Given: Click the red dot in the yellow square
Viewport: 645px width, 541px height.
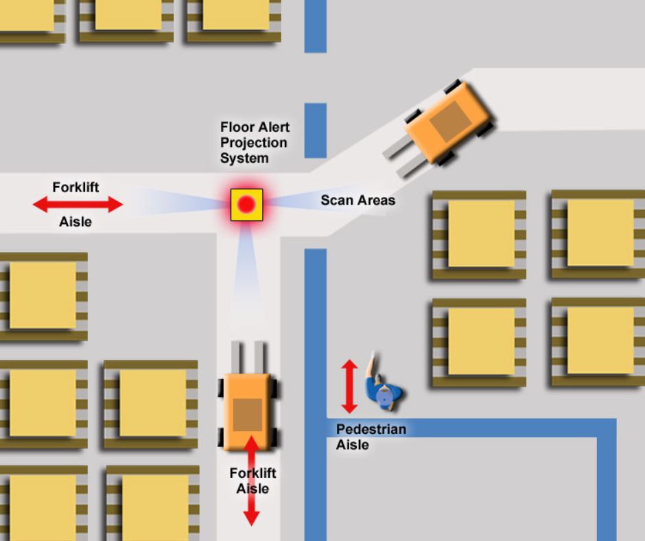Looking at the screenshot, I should pos(247,204).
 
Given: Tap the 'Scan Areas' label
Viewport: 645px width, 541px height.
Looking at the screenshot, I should pos(357,200).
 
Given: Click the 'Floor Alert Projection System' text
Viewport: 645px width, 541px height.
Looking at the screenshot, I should pos(255,143).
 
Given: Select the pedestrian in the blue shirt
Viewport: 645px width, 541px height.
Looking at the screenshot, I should pos(383,390).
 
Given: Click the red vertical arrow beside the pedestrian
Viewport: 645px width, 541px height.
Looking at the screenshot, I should pos(349,387).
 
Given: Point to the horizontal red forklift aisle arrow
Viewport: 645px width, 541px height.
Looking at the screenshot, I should pos(78,204).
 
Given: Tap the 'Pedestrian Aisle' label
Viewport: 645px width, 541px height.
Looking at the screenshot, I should pos(371,437).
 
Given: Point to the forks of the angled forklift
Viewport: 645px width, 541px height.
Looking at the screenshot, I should pos(403,157).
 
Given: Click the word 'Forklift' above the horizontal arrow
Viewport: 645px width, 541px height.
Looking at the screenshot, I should pos(75,187).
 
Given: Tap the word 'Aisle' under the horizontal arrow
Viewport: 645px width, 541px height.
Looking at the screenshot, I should pos(75,222).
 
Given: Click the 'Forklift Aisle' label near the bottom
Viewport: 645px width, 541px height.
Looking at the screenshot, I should pos(253,481).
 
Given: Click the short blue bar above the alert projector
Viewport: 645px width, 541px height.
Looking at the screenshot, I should pos(315,130).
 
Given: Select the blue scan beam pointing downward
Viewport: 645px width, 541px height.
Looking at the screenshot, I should pos(246,268).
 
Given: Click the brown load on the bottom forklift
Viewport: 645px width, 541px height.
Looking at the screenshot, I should pos(247,415).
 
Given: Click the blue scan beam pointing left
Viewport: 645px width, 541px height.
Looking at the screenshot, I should pos(178,203).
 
